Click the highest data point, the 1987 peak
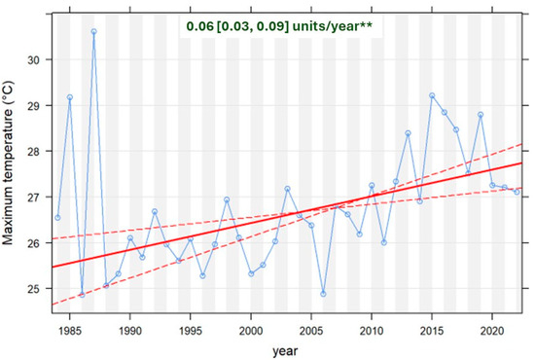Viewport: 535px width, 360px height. (93, 31)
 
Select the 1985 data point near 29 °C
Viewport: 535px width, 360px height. (70, 97)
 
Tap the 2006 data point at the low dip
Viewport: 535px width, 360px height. (323, 294)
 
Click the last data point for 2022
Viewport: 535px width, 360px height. (517, 192)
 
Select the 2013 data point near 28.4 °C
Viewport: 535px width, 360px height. (408, 133)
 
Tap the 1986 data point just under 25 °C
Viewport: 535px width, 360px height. (82, 294)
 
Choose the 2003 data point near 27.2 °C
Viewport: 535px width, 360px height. (287, 189)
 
